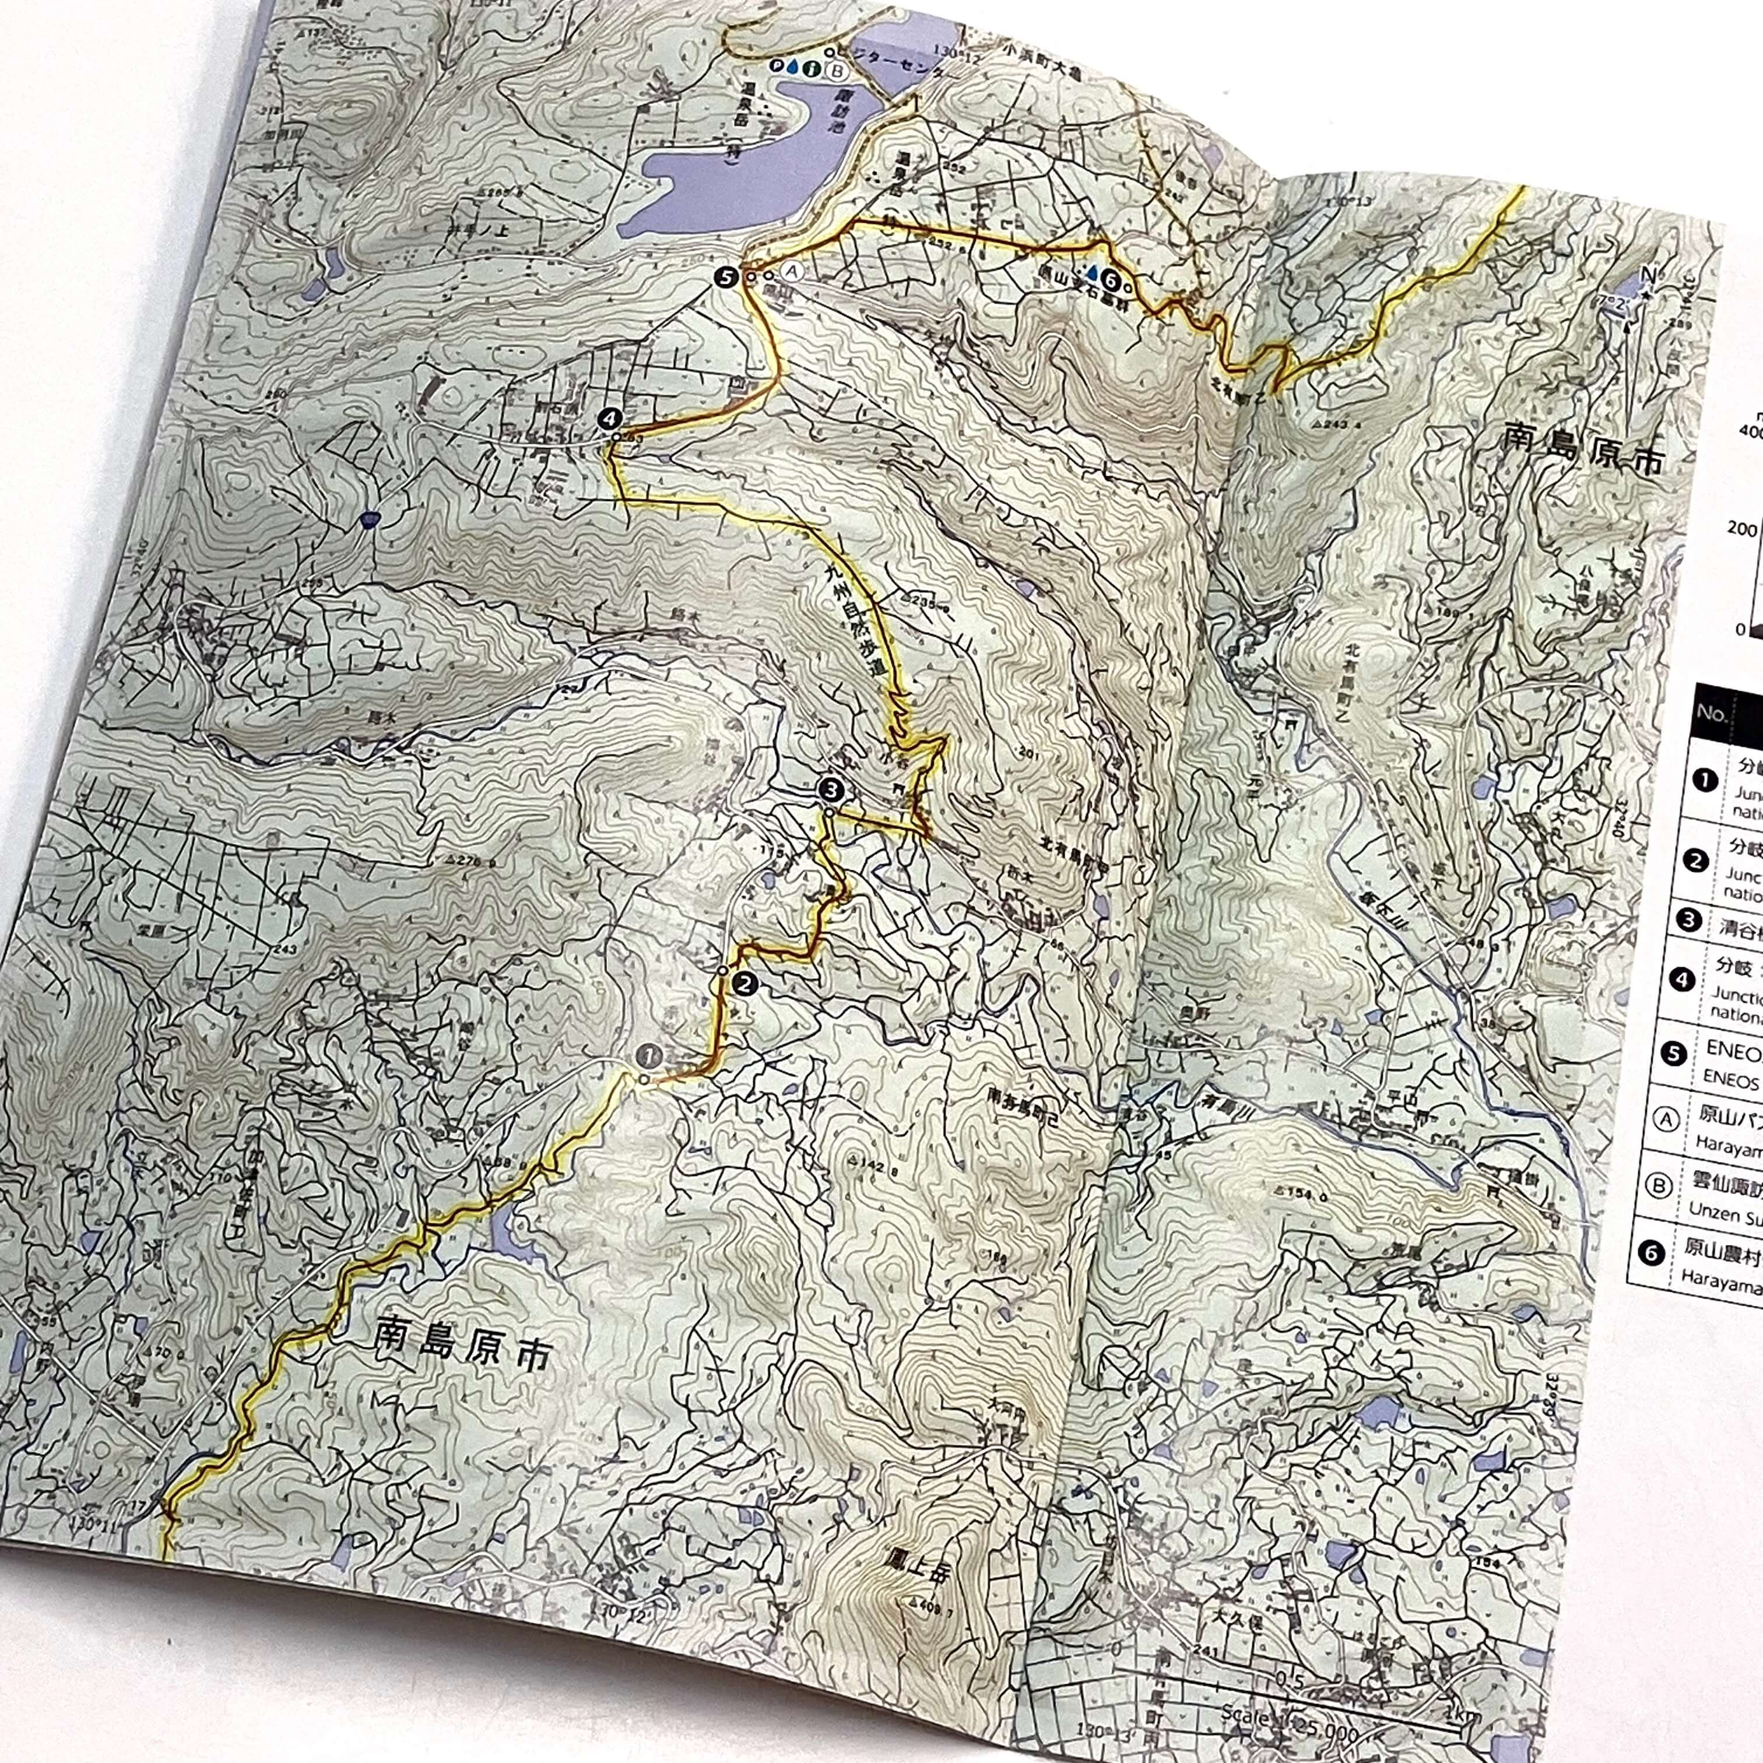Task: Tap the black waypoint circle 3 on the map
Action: [x=831, y=786]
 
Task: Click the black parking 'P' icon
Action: [x=775, y=66]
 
